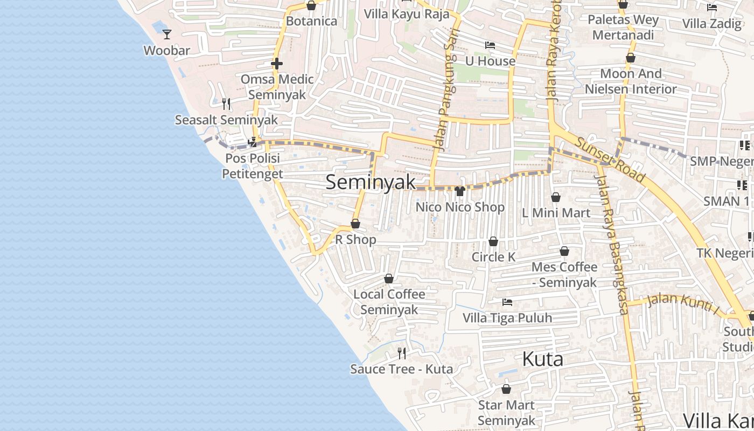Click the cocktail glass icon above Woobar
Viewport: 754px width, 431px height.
pos(167,34)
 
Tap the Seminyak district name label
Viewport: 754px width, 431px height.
pos(371,182)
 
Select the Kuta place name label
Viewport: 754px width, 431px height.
pos(543,359)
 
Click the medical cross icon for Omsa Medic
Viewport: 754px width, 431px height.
pos(277,64)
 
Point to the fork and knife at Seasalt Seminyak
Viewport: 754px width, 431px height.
pos(226,103)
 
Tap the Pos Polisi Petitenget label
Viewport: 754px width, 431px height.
pos(253,166)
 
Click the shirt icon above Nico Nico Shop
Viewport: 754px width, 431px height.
pos(460,191)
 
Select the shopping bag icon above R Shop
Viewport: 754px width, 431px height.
pos(355,224)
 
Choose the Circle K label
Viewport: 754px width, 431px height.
pos(493,257)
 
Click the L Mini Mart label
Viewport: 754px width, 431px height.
pos(556,213)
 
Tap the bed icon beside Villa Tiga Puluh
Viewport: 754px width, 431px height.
pos(507,302)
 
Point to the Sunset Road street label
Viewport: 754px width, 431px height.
pos(610,159)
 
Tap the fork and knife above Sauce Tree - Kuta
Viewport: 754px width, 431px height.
pos(402,353)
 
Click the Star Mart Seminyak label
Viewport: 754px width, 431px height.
pos(506,413)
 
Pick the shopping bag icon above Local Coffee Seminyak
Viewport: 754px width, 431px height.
pos(389,279)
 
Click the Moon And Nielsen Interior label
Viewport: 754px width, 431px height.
pos(631,81)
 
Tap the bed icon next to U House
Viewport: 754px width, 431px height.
pos(490,45)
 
